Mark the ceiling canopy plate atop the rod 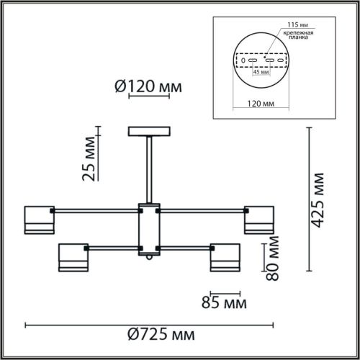tap(149, 132)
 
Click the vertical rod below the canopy tap(149, 169)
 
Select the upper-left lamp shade tap(40, 220)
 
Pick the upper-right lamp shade tap(258, 220)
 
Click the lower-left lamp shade tap(72, 258)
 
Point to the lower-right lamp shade tap(225, 258)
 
